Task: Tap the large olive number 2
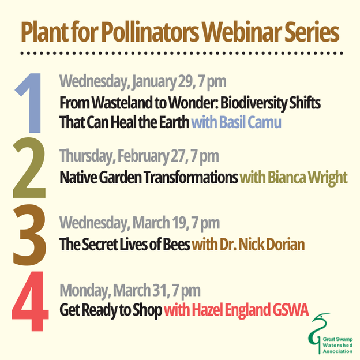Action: coord(29,171)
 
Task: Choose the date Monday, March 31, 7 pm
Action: coord(130,290)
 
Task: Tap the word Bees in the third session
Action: coord(175,245)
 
